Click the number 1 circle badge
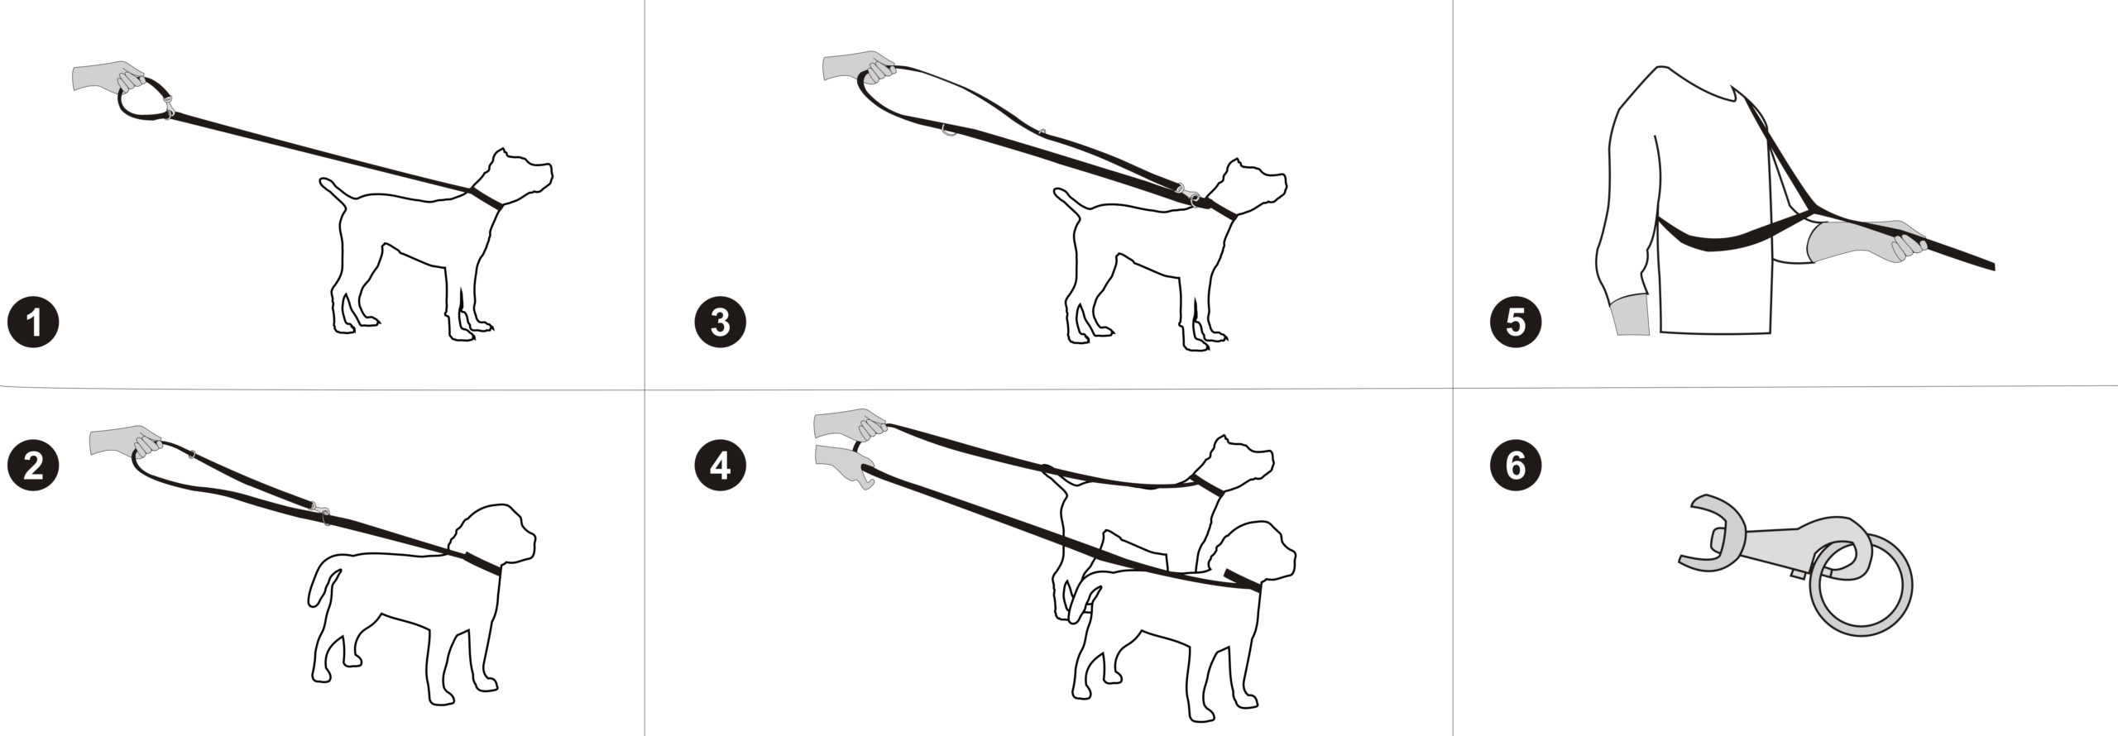click(33, 322)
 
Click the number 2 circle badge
click(33, 466)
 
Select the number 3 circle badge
click(720, 322)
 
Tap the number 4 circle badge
click(720, 466)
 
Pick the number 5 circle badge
click(1516, 322)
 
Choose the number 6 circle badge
click(1516, 466)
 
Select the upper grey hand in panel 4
click(848, 425)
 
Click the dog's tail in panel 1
click(336, 191)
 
